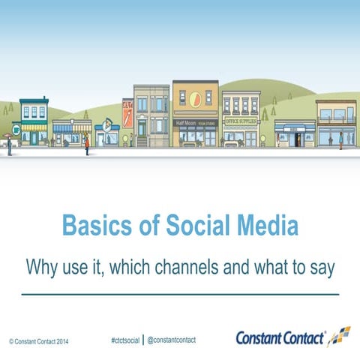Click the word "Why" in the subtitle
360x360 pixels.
click(43, 266)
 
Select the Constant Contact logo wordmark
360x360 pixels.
click(280, 338)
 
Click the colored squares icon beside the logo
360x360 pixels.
click(340, 335)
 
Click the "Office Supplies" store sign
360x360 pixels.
click(240, 120)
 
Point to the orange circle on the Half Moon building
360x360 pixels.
click(196, 98)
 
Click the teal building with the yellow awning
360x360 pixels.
click(34, 124)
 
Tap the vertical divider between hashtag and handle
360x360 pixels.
click(142, 339)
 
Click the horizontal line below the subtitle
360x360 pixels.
click(180, 295)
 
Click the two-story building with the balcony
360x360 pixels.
click(335, 124)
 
